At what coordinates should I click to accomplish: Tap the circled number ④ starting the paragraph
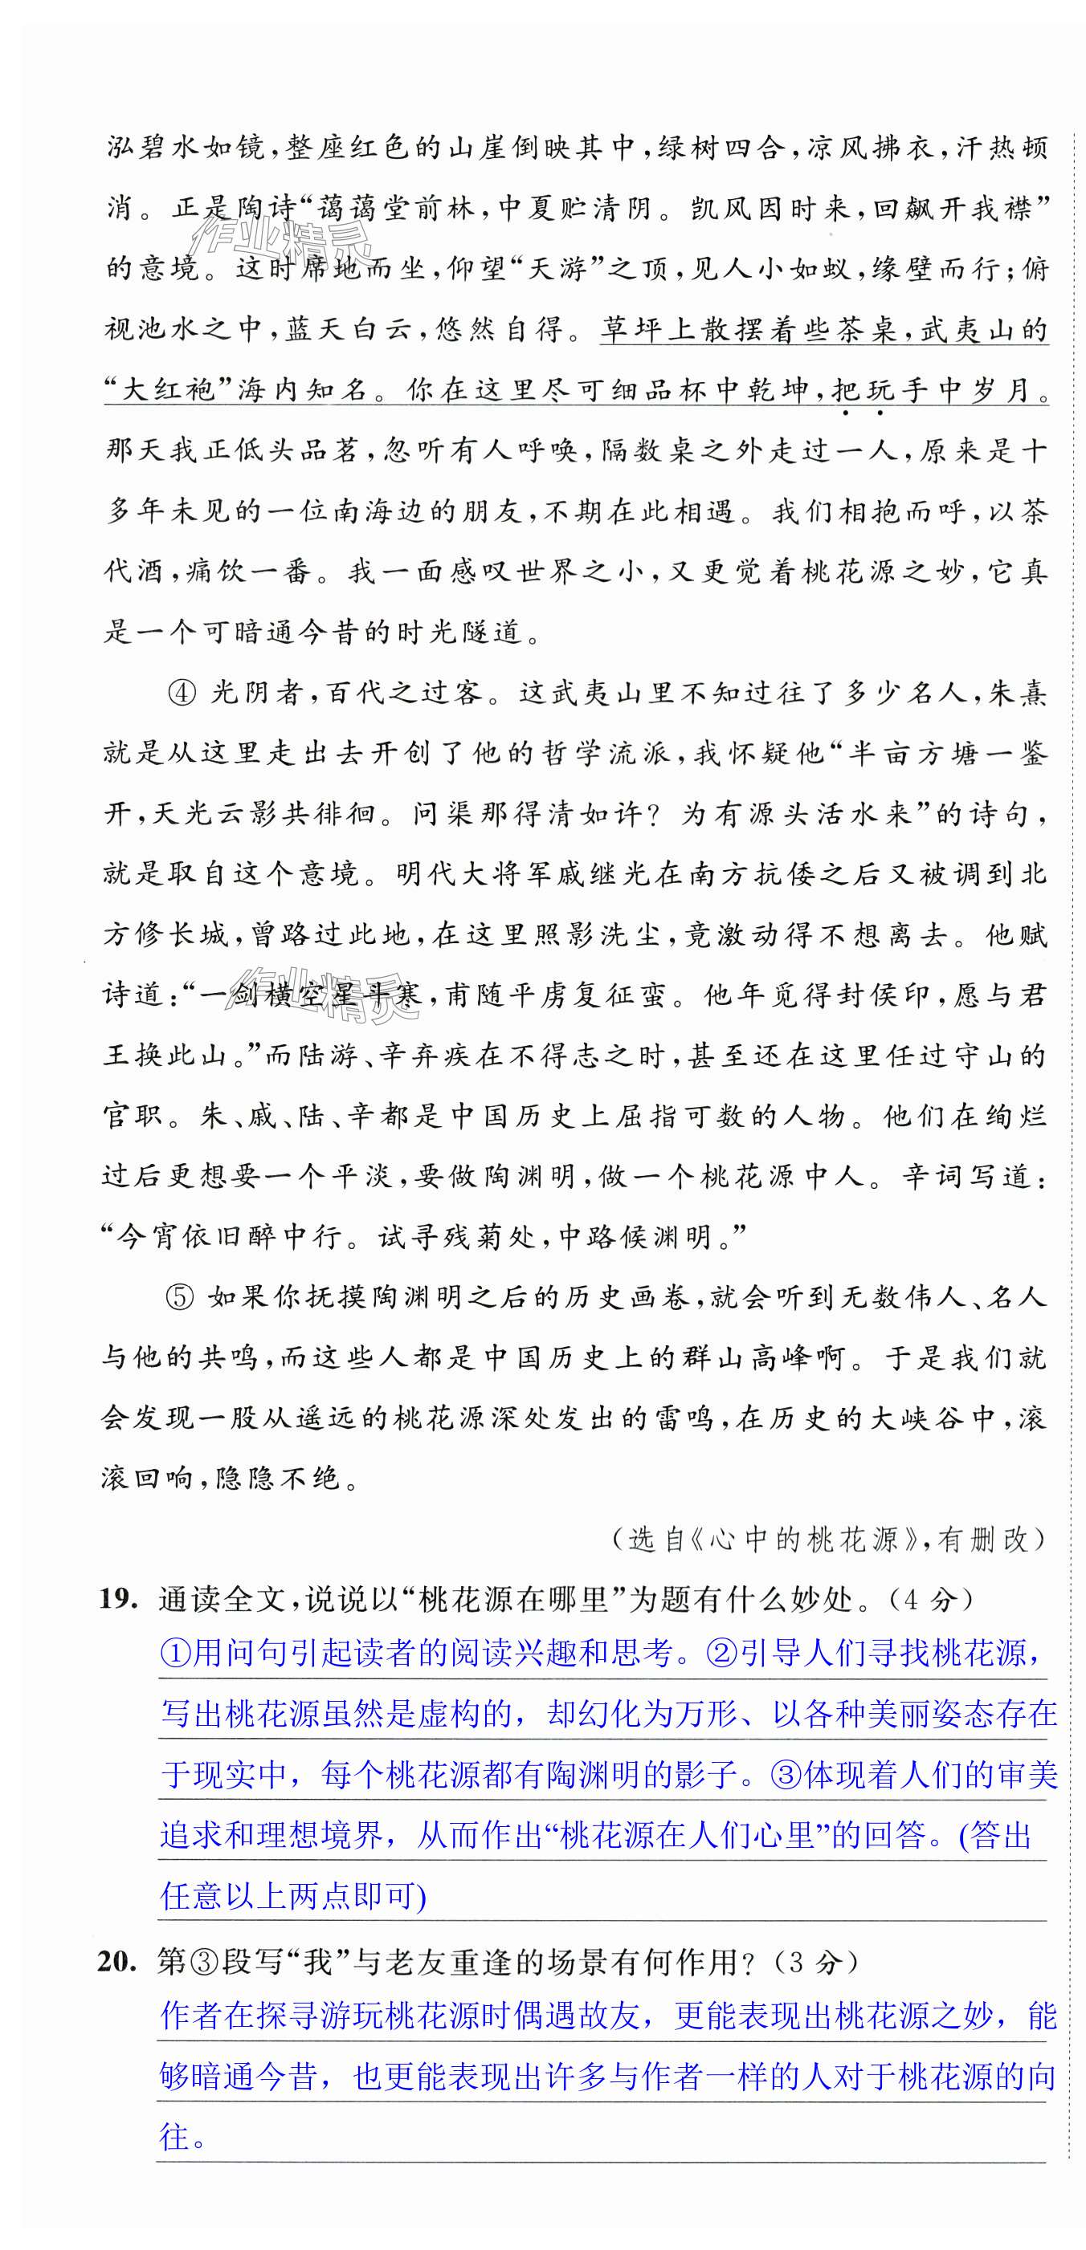[x=182, y=693]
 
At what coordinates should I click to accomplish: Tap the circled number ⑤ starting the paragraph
[x=179, y=1297]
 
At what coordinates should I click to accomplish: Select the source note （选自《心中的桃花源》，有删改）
[x=828, y=1538]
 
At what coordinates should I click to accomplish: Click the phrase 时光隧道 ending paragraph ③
[x=459, y=632]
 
